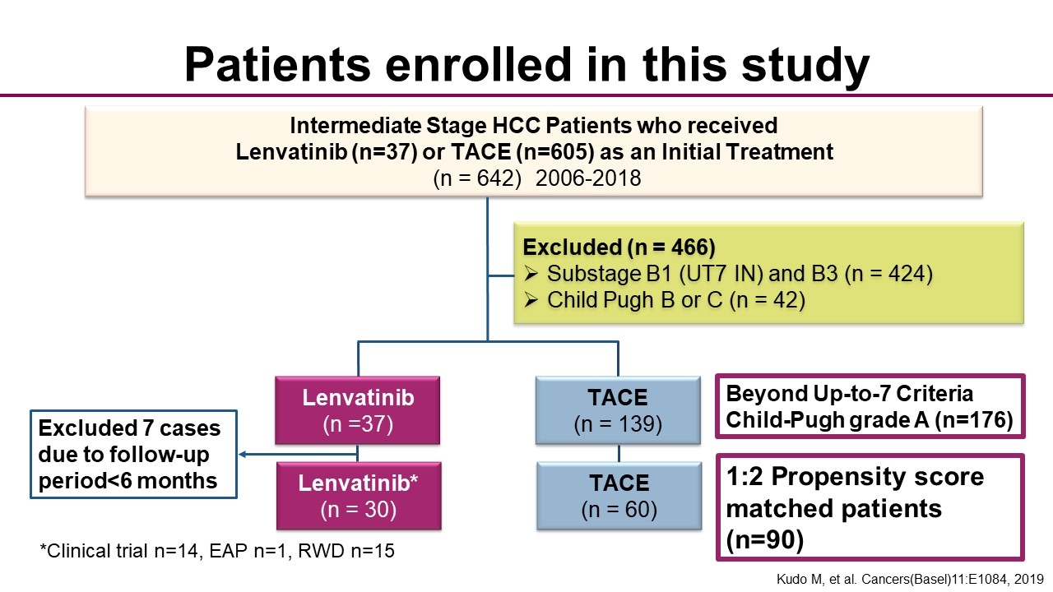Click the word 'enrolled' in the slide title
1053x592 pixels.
[478, 64]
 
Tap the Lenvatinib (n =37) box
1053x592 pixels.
[358, 410]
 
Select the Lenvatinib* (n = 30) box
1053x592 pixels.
[359, 496]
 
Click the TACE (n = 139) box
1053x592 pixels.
[618, 410]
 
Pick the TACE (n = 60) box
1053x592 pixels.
[619, 496]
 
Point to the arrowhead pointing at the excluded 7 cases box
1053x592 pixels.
[243, 455]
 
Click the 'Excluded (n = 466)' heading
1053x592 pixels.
[619, 247]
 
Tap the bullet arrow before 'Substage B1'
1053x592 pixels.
[531, 274]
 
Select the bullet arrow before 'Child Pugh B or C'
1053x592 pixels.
[531, 300]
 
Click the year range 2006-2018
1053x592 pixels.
[588, 178]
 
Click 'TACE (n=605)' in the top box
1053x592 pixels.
[522, 152]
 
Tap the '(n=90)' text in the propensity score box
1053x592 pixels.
[765, 540]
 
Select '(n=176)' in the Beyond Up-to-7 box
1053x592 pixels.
[973, 419]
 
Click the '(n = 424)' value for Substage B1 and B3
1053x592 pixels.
[888, 274]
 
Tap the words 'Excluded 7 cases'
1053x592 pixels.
[129, 428]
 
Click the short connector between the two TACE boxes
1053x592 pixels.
[619, 453]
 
